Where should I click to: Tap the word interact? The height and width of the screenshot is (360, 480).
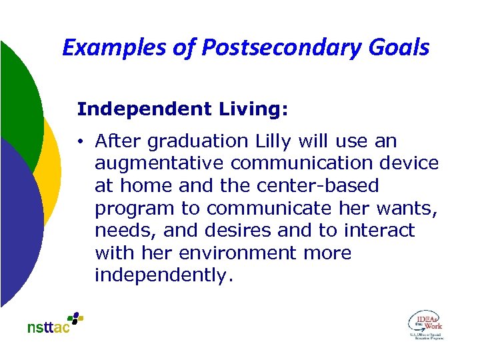tap(379, 231)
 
